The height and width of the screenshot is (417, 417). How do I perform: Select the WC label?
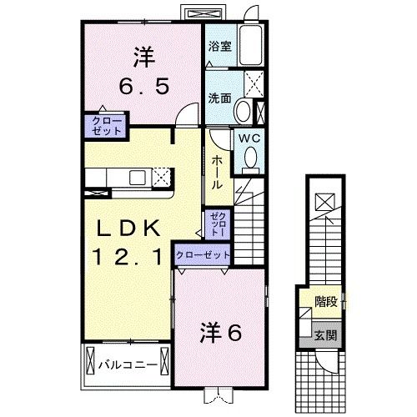(249, 138)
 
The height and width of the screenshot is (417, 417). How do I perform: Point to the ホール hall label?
(217, 171)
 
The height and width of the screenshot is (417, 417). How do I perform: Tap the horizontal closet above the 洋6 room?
(203, 254)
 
